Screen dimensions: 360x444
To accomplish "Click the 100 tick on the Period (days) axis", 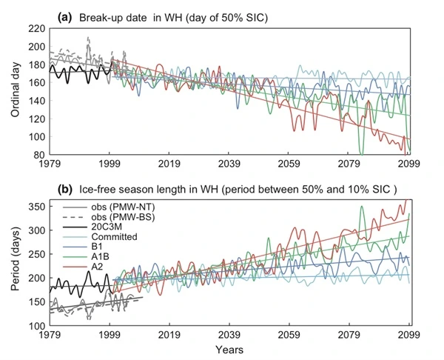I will coord(36,326).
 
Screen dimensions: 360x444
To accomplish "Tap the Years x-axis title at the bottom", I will coord(229,349).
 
